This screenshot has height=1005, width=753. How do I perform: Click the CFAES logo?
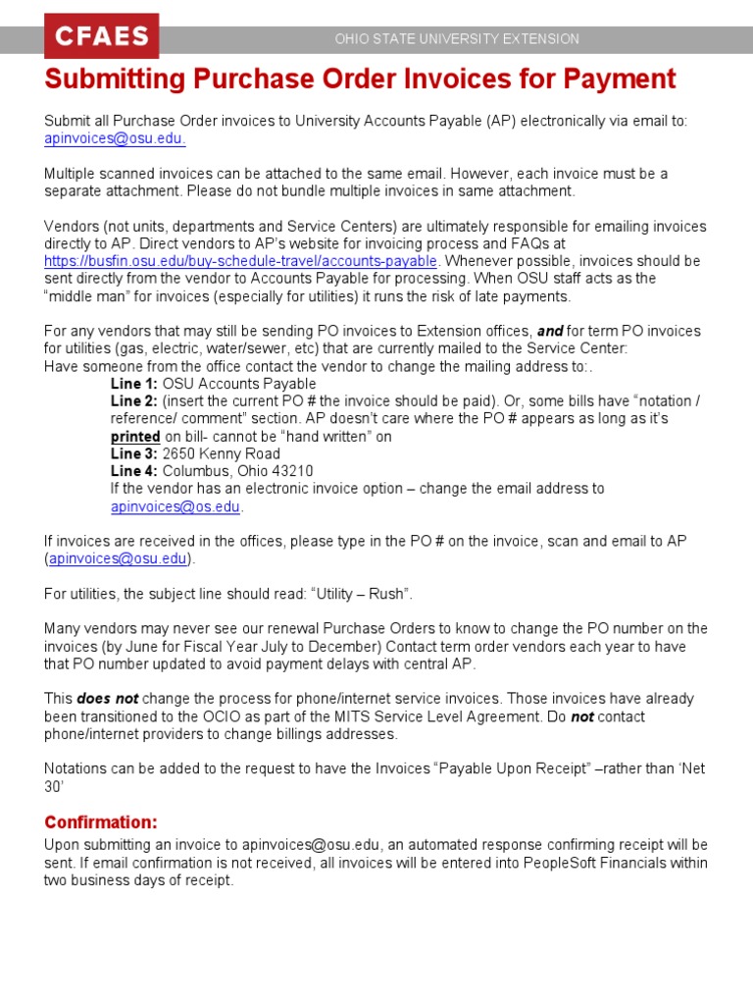pos(101,37)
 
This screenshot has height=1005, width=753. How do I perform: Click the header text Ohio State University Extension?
pos(457,39)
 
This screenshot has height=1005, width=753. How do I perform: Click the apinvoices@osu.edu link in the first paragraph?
pos(115,138)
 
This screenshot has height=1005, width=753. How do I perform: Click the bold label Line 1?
pos(134,384)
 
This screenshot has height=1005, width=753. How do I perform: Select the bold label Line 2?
pos(134,401)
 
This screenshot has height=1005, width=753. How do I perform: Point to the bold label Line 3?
pos(134,454)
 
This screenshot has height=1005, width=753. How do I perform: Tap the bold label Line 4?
pos(134,472)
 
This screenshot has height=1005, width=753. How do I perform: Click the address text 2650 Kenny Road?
pos(221,454)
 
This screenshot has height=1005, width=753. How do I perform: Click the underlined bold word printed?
pos(135,437)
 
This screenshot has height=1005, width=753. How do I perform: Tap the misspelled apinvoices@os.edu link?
pos(176,507)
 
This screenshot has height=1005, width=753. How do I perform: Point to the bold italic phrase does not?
pos(107,699)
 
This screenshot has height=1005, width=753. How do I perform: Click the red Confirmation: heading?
pos(101,821)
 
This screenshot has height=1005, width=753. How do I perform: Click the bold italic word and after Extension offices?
pos(549,332)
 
